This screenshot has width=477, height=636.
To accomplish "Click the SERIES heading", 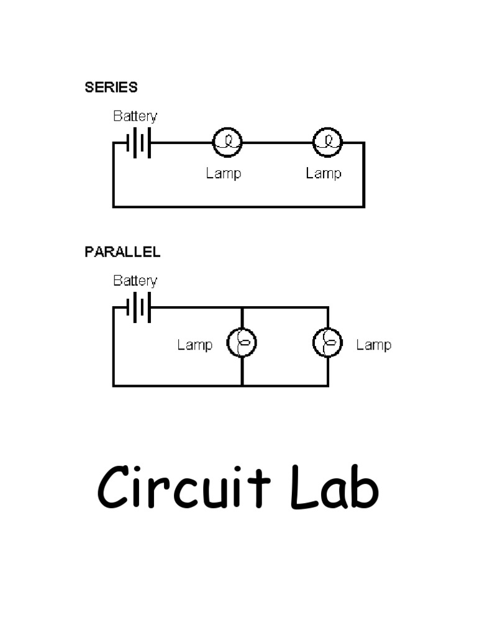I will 111,88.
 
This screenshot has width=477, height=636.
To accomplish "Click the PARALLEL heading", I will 122,252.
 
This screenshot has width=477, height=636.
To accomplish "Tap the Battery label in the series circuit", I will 135,117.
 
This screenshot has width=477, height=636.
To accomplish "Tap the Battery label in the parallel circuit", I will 135,281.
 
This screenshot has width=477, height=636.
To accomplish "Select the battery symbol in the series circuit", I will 139,143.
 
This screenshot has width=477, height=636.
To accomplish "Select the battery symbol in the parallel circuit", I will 139,307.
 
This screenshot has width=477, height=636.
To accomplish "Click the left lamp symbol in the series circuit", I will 227,142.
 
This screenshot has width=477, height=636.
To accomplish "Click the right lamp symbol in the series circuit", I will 327,142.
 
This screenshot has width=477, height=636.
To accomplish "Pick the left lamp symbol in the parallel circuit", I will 242,343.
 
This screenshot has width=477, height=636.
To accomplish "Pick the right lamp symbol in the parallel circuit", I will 328,343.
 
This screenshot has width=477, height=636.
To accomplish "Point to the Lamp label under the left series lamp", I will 223,173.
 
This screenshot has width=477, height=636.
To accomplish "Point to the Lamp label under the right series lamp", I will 323,173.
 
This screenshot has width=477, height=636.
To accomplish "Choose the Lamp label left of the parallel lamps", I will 194,345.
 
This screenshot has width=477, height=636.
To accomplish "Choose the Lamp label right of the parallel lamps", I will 373,345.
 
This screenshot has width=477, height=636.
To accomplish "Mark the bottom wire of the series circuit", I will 238,206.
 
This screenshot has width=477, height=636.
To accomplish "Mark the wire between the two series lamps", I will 277,142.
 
